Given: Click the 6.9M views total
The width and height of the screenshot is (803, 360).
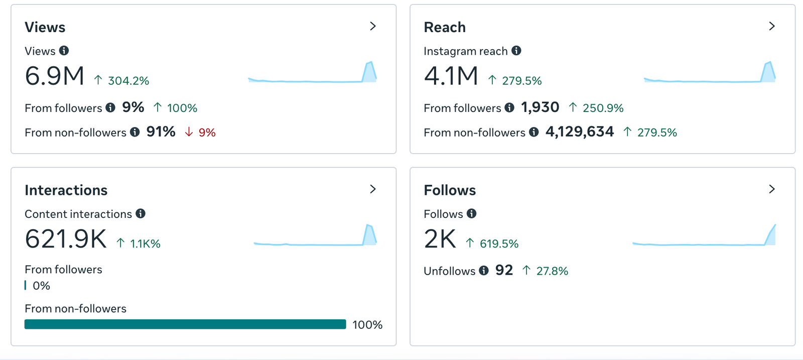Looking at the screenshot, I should click(55, 76).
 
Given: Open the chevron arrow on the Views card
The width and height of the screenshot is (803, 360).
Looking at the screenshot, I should click(373, 26).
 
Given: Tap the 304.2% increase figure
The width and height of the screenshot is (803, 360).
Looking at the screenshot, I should click(128, 81).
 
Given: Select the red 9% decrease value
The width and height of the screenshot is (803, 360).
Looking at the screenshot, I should click(207, 133).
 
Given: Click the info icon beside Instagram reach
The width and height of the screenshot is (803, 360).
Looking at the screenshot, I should click(516, 51).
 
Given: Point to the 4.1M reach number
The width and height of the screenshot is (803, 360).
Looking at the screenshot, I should click(451, 76).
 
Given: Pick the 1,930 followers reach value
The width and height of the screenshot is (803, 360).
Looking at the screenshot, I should click(540, 107).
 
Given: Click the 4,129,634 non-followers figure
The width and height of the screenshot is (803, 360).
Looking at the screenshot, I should click(580, 132).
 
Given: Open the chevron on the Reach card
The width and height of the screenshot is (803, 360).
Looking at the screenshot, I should click(772, 26).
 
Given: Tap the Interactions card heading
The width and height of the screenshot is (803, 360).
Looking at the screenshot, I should click(66, 190).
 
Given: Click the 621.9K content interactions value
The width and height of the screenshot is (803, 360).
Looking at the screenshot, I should click(66, 239).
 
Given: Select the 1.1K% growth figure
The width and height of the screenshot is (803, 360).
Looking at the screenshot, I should click(145, 244).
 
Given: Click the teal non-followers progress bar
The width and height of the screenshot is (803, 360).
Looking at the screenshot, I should click(185, 324).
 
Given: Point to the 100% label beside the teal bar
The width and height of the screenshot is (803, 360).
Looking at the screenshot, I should click(367, 325).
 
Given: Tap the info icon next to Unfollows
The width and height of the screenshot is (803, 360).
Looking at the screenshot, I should click(484, 271).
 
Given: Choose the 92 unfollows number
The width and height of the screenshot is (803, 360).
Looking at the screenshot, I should click(504, 271).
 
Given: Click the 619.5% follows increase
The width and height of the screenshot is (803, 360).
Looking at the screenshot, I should click(499, 244).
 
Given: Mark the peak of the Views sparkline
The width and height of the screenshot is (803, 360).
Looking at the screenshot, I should click(370, 63).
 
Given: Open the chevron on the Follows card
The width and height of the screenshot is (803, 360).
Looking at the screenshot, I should click(772, 189).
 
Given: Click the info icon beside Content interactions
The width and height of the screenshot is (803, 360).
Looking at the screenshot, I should click(141, 214).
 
